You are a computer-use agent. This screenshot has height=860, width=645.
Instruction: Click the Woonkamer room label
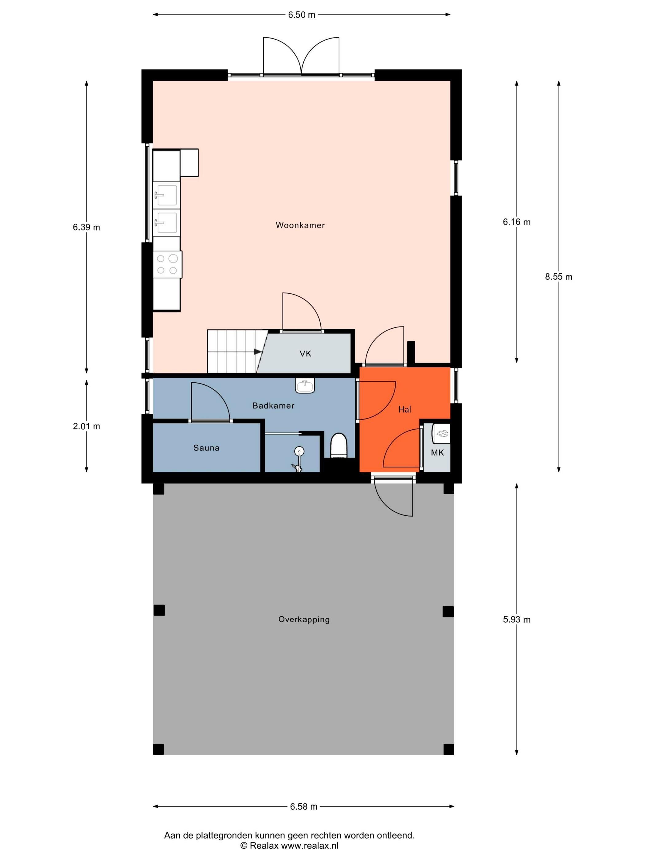click(300, 225)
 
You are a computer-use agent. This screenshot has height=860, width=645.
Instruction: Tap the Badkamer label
click(273, 405)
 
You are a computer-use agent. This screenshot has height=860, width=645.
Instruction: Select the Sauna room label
click(206, 448)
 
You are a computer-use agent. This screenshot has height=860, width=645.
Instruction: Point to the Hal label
click(405, 409)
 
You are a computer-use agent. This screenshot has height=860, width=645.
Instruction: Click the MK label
click(437, 452)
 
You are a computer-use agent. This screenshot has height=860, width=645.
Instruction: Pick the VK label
click(305, 354)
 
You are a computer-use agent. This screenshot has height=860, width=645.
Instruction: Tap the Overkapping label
click(304, 619)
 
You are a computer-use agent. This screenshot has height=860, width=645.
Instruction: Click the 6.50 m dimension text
click(302, 15)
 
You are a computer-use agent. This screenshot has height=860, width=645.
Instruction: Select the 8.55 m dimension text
click(559, 277)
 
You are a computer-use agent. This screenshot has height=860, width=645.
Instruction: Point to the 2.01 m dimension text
click(86, 426)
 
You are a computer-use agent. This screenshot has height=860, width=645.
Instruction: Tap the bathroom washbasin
click(305, 386)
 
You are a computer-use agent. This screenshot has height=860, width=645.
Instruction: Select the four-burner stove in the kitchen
click(168, 264)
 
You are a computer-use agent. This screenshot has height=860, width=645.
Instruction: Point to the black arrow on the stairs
click(258, 351)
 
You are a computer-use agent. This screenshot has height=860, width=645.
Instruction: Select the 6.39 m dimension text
click(86, 228)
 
